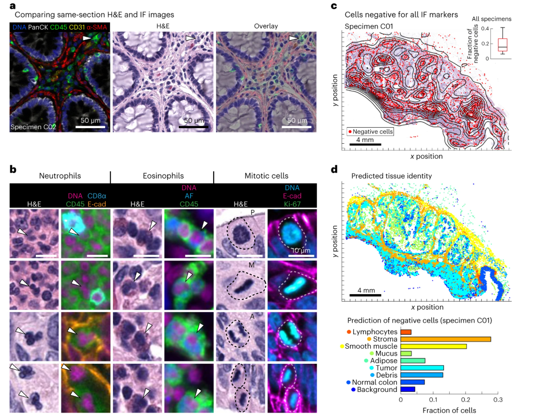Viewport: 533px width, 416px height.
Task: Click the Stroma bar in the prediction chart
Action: click(446, 339)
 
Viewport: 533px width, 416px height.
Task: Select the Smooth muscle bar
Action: click(434, 346)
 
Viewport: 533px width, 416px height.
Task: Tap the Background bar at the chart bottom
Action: click(408, 389)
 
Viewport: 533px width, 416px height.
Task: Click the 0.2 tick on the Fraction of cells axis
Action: click(466, 401)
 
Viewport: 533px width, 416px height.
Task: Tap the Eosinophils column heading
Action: click(162, 176)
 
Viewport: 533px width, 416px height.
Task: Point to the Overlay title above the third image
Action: click(266, 26)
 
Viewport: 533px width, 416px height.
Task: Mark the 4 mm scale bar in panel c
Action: click(365, 144)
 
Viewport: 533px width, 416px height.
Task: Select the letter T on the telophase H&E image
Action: click(252, 368)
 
